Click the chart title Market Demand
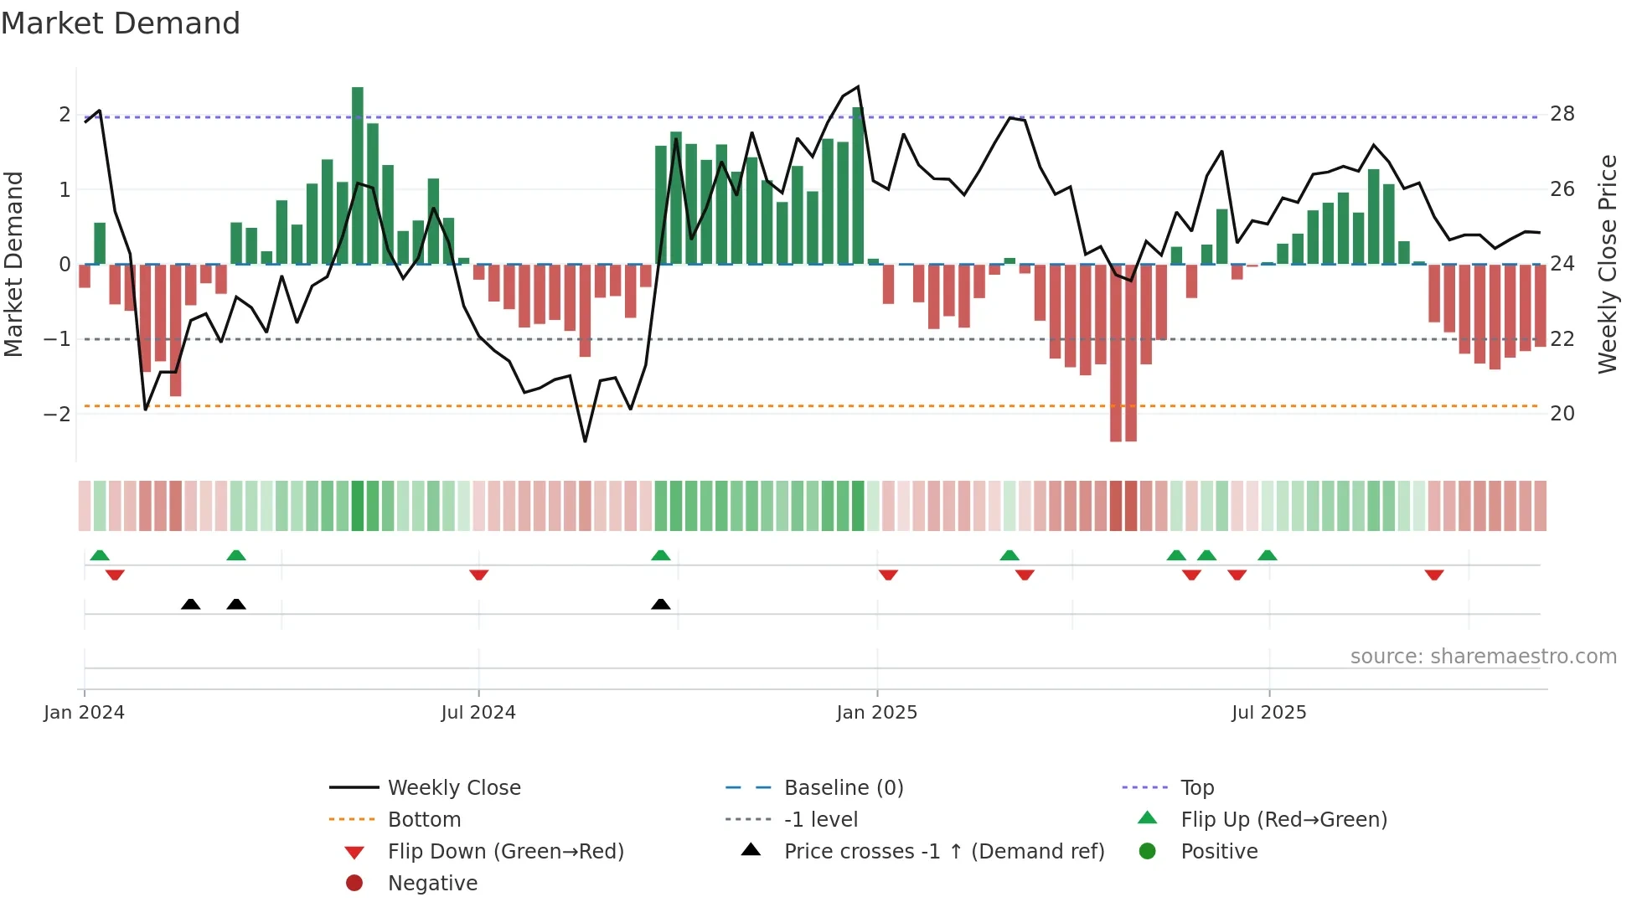pyautogui.click(x=121, y=23)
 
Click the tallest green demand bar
pyautogui.click(x=358, y=176)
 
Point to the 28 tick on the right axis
pyautogui.click(x=1562, y=114)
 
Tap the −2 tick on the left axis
pyautogui.click(x=57, y=414)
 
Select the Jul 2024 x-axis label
pyautogui.click(x=478, y=713)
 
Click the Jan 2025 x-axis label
pyautogui.click(x=876, y=713)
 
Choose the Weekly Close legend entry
pyautogui.click(x=453, y=788)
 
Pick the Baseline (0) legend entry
pyautogui.click(x=843, y=788)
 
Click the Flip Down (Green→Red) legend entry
pyautogui.click(x=505, y=852)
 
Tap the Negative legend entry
pyautogui.click(x=432, y=884)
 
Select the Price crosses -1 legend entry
pyautogui.click(x=943, y=852)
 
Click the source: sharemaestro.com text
pyautogui.click(x=1483, y=657)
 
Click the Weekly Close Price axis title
pyautogui.click(x=1607, y=264)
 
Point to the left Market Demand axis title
pyautogui.click(x=13, y=264)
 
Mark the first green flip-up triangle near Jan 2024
pyautogui.click(x=100, y=555)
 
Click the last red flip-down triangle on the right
pyautogui.click(x=1434, y=575)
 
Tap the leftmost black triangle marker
pyautogui.click(x=191, y=604)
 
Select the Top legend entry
pyautogui.click(x=1196, y=788)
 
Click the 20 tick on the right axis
pyautogui.click(x=1562, y=414)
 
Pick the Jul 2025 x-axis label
pyautogui.click(x=1268, y=713)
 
